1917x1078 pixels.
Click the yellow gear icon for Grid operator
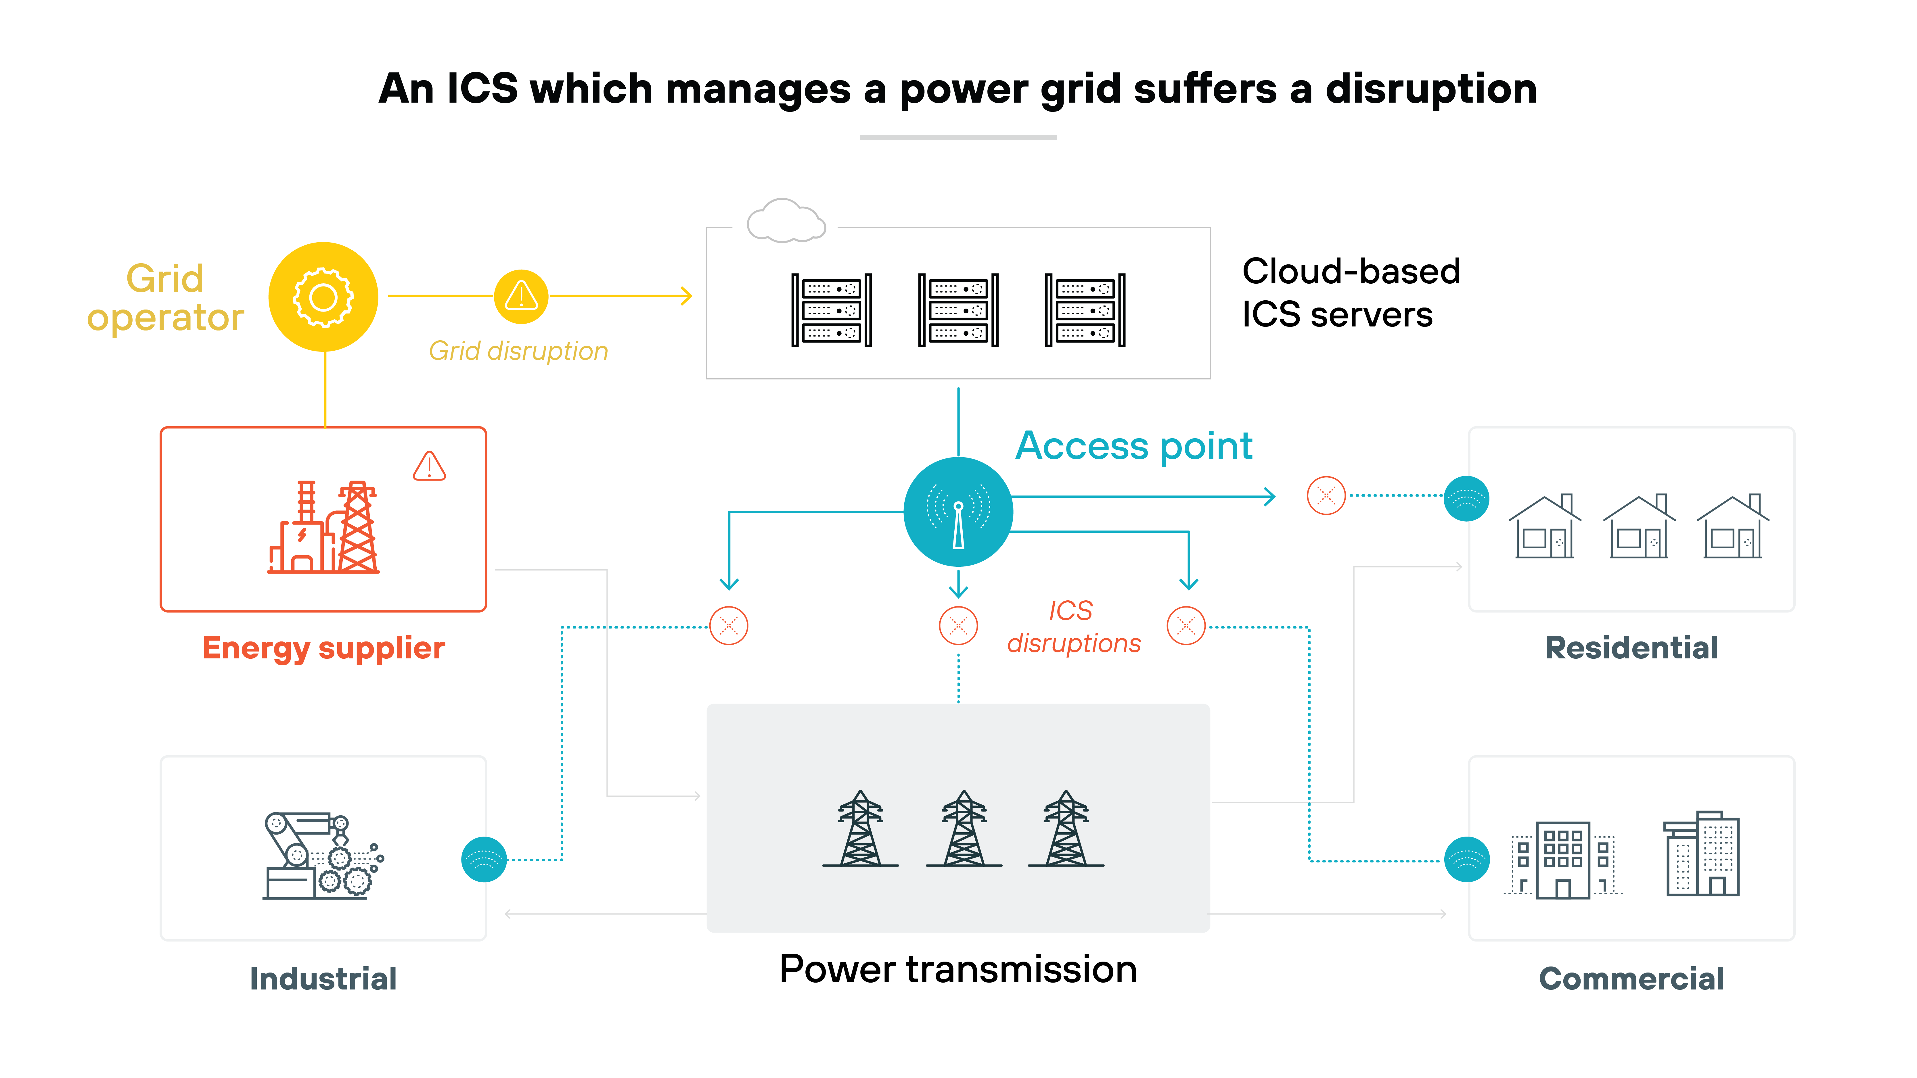(323, 297)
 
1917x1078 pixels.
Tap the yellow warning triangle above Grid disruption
(521, 296)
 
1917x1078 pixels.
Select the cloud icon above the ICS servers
(786, 221)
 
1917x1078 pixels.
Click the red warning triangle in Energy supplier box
(429, 466)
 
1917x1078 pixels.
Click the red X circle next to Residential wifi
(1326, 495)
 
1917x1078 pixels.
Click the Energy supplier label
(324, 648)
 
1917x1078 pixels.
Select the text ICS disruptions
(1073, 627)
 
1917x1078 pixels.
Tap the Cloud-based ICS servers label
(1351, 292)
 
